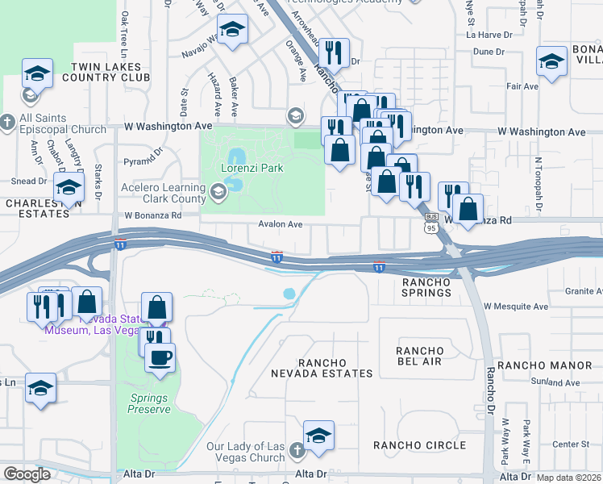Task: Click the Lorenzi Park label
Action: tap(250, 169)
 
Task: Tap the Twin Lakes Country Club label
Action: tap(110, 72)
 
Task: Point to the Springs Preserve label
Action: tap(151, 403)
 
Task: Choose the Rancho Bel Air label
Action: tap(419, 356)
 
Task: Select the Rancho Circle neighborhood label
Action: tap(419, 445)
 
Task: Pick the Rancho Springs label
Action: tap(426, 287)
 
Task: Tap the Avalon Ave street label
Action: tap(281, 225)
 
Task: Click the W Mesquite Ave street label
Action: tap(516, 307)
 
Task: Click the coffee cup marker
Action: tap(160, 356)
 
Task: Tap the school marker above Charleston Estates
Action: tap(69, 188)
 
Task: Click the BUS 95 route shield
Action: tap(431, 223)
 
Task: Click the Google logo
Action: tap(27, 475)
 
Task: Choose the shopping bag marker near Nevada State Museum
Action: tap(158, 307)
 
